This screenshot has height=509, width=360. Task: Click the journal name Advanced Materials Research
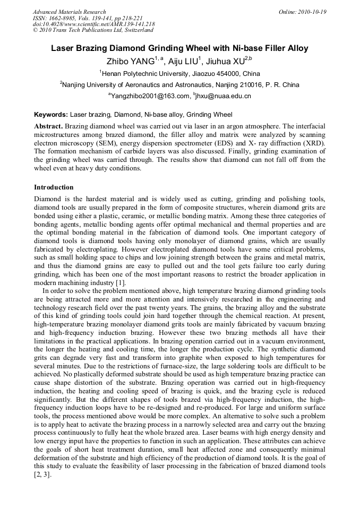click(x=70, y=12)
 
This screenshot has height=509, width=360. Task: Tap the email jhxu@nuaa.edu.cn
click(x=224, y=96)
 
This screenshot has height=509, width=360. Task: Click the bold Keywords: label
click(x=51, y=115)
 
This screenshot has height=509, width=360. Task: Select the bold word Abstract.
click(x=49, y=127)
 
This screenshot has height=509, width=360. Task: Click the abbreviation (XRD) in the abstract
click(x=312, y=143)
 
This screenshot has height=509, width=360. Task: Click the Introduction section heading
click(x=54, y=187)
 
